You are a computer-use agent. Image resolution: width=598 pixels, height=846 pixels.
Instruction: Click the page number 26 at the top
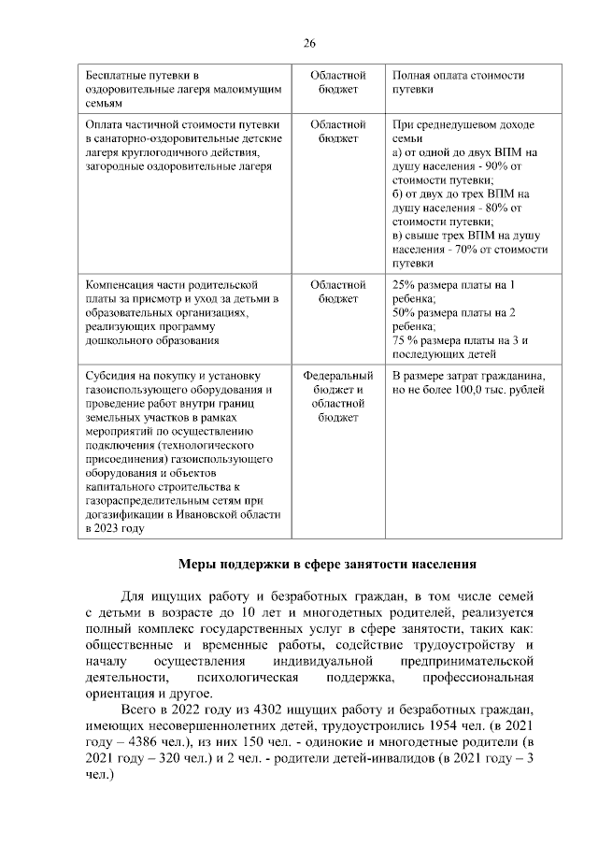(309, 43)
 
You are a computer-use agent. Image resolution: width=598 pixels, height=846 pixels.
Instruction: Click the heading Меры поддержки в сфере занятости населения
(327, 564)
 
